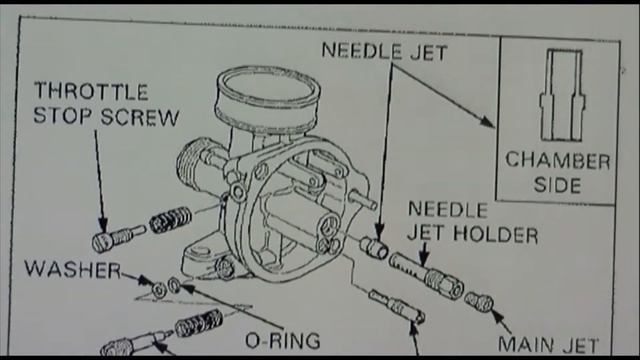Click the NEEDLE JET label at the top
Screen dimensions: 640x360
tap(384, 51)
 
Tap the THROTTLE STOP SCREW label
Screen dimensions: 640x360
tap(106, 104)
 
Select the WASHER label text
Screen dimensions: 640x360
tap(73, 270)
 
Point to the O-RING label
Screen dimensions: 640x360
tap(282, 341)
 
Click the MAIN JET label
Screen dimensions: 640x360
tap(549, 345)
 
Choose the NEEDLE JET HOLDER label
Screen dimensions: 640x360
tap(473, 222)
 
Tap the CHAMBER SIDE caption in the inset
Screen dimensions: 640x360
tap(558, 173)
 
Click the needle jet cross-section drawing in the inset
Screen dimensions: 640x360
tap(562, 96)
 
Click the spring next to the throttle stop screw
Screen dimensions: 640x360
tap(170, 220)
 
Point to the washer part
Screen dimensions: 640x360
tap(158, 290)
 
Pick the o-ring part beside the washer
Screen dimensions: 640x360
tap(175, 285)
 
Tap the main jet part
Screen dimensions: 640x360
tap(479, 302)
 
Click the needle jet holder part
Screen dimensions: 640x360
tap(426, 274)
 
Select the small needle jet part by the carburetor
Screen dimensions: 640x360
tap(374, 248)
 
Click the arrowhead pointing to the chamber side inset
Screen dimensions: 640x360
tap(487, 122)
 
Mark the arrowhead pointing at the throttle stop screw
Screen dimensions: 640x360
tap(102, 226)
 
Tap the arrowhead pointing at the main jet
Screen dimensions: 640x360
tap(497, 316)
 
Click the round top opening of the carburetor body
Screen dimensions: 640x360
tap(268, 88)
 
